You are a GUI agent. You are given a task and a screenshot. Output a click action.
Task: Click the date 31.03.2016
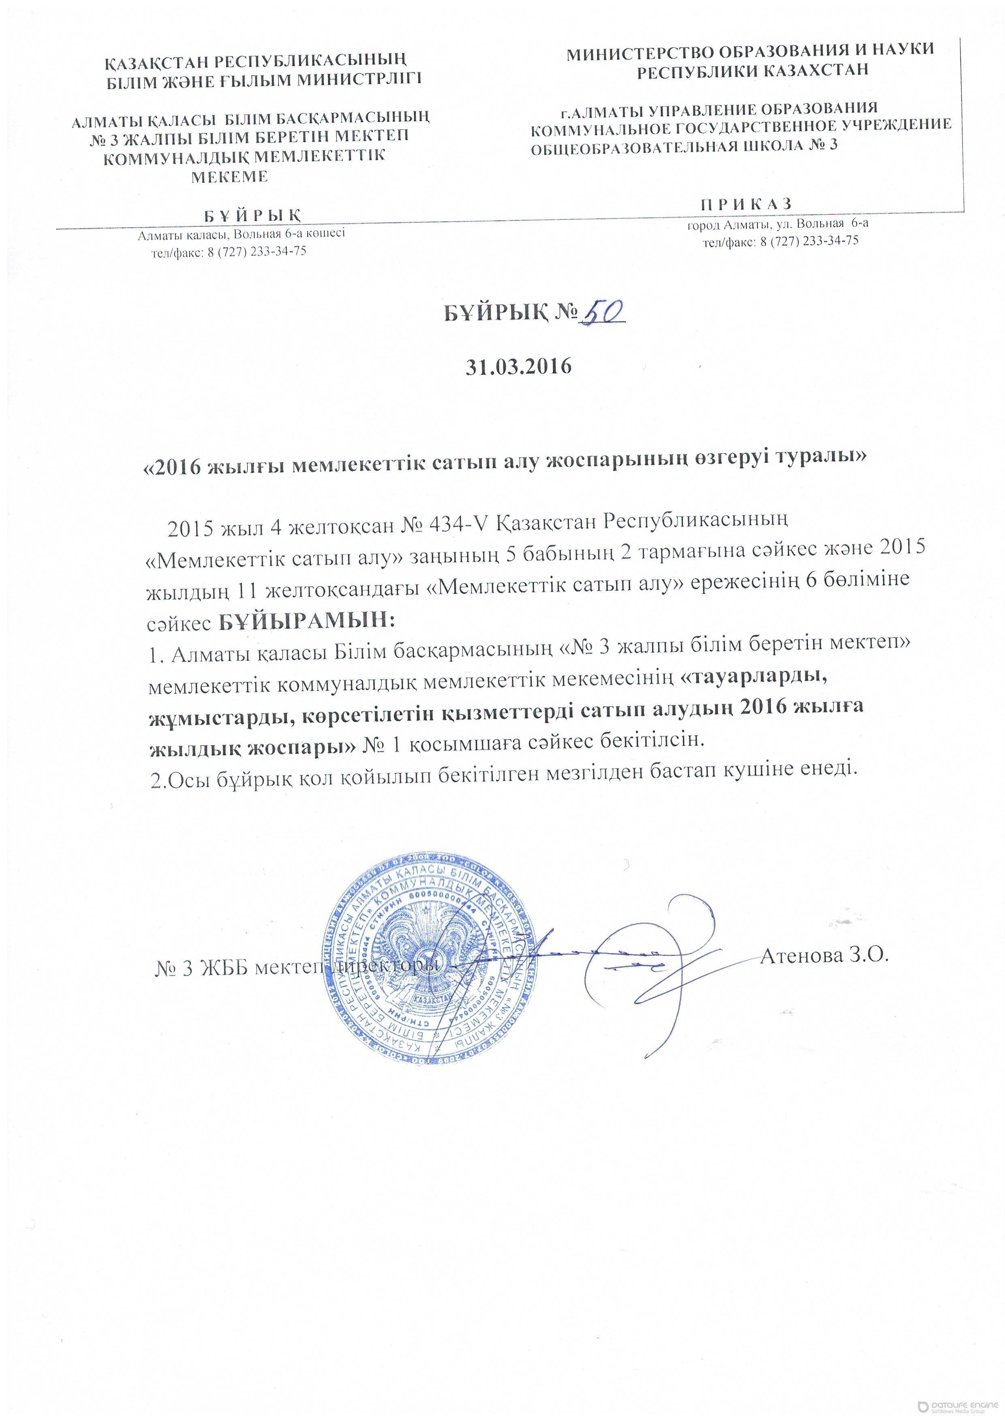(x=518, y=366)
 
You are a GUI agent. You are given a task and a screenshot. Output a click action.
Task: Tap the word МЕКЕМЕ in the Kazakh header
(x=229, y=176)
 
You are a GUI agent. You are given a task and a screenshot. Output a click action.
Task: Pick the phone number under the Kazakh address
(x=229, y=251)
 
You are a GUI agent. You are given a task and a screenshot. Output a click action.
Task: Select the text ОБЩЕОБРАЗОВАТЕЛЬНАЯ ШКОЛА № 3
(x=684, y=147)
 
